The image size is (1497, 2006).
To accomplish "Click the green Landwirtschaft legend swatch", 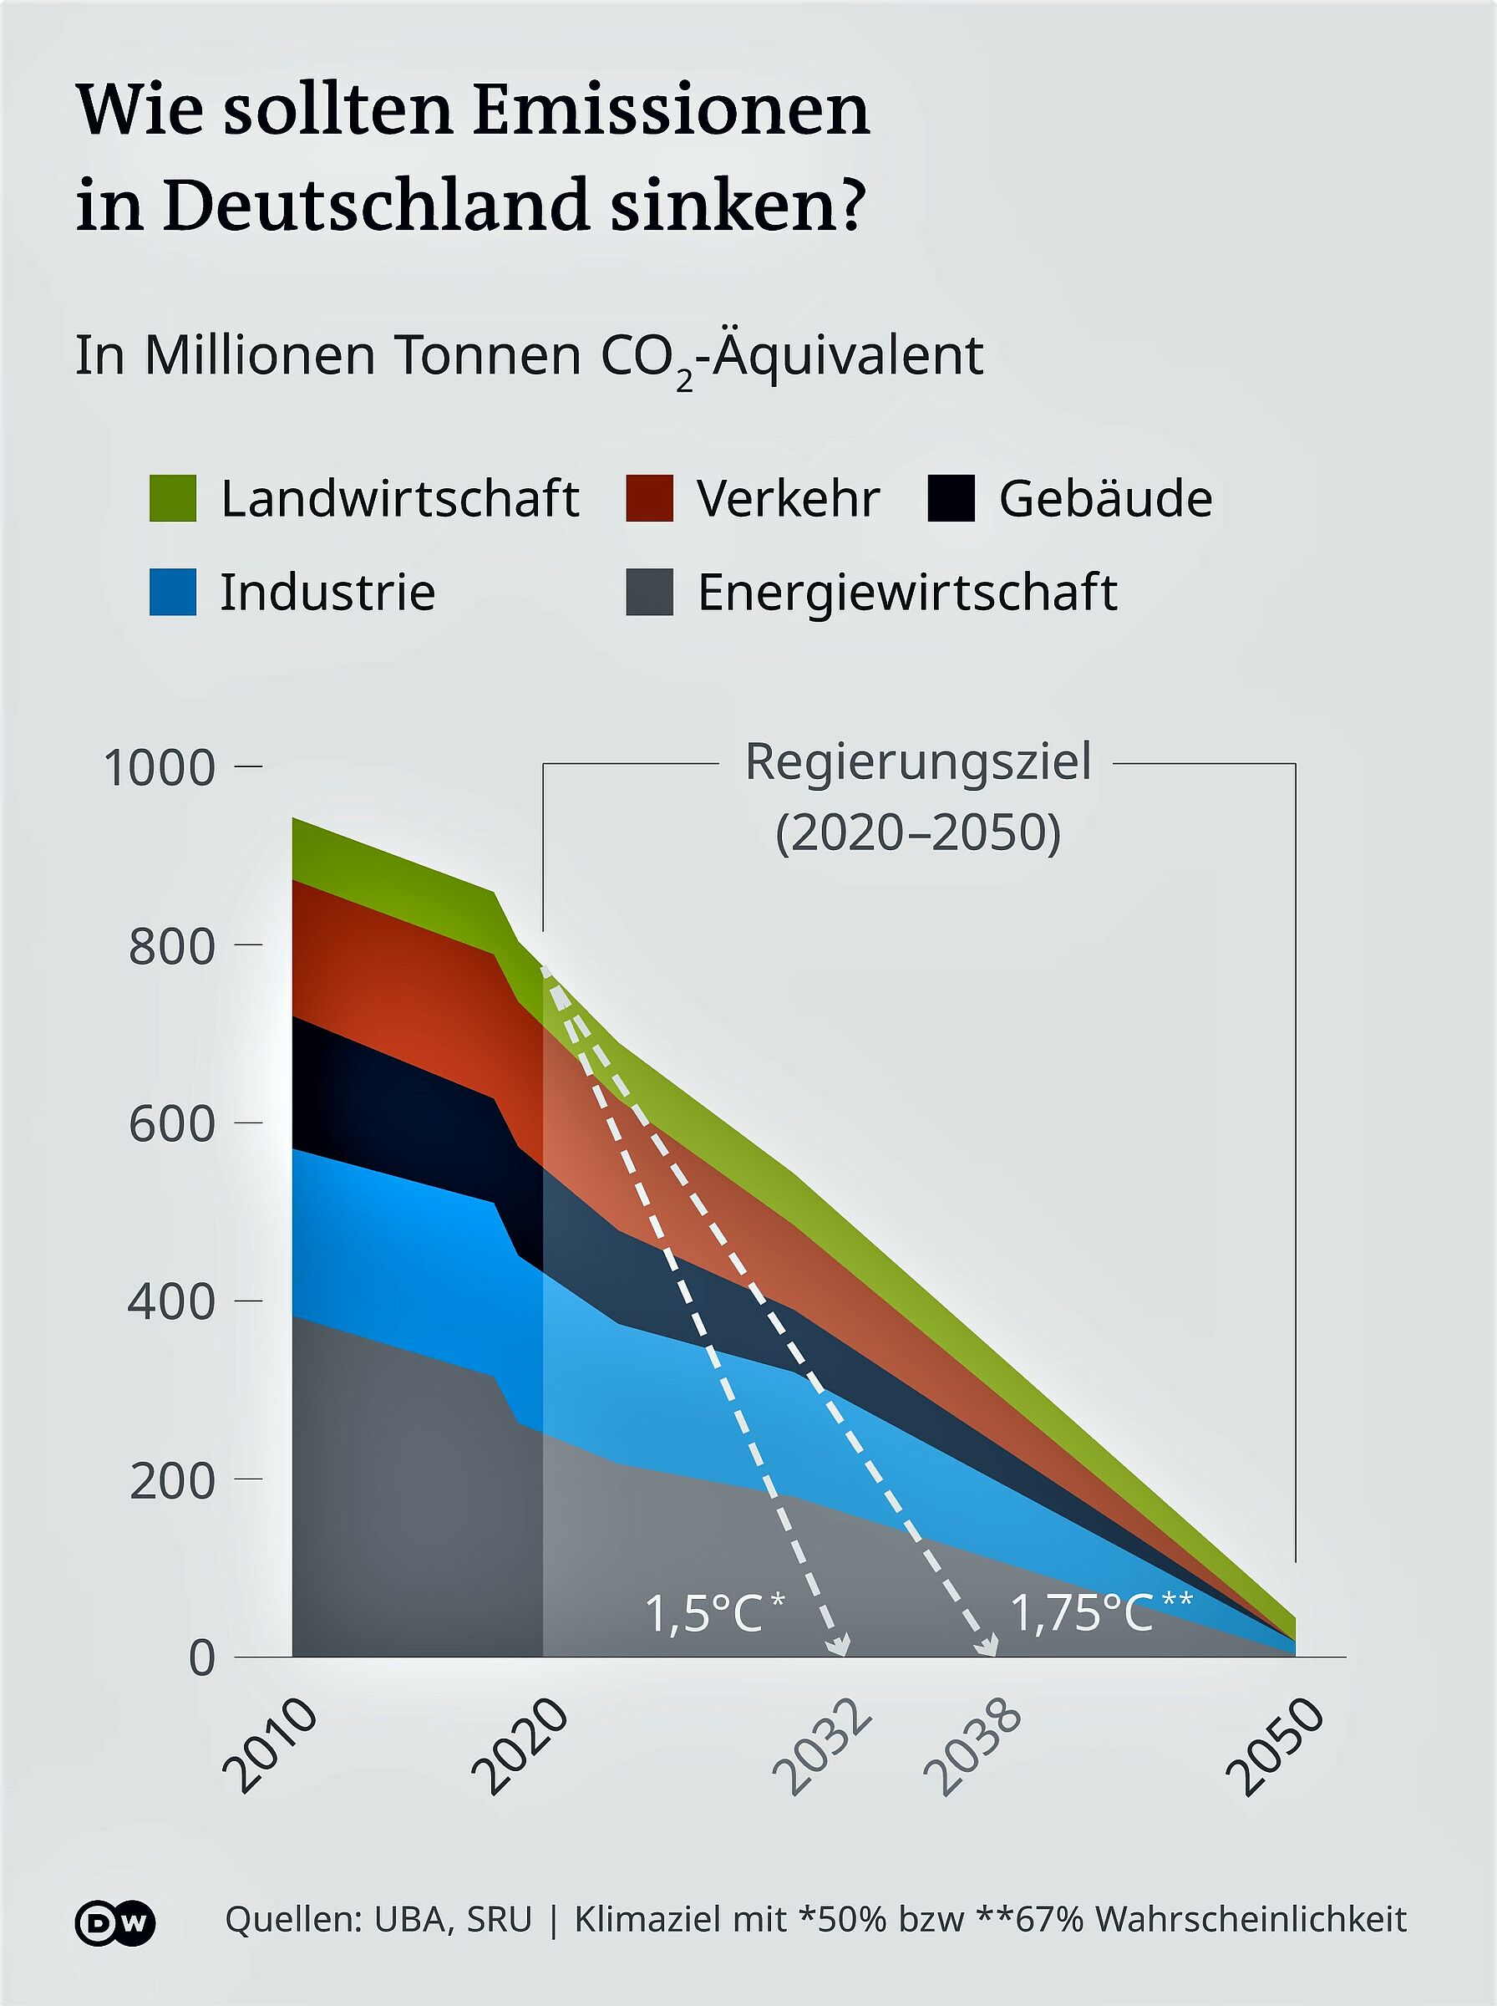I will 172,497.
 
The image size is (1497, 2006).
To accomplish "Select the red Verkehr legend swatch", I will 649,497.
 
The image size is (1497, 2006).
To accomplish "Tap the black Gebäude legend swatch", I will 951,497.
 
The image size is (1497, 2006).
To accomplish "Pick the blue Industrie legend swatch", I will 172,592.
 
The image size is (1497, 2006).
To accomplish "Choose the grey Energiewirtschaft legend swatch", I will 649,592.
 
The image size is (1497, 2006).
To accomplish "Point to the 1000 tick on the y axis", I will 248,766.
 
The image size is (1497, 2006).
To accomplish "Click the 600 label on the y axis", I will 172,1124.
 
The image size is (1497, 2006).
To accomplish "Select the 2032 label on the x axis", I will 823,1747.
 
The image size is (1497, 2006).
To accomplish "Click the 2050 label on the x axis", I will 1276,1747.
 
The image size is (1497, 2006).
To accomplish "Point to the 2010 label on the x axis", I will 269,1747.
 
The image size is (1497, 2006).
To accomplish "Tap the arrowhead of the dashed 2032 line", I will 841,1644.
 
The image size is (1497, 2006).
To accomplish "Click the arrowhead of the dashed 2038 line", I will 990,1644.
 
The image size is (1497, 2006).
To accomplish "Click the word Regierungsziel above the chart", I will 918,762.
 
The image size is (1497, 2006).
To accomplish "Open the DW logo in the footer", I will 115,1919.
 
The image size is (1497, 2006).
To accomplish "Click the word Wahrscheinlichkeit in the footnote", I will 1251,1919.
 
